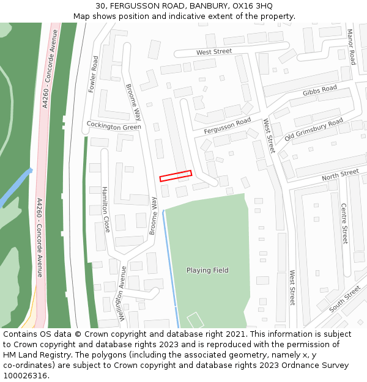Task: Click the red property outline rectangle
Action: point(176,175)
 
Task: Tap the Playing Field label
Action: point(207,270)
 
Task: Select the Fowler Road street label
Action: point(94,74)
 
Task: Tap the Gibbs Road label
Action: point(319,92)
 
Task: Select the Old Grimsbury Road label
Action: point(314,129)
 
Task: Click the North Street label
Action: point(340,175)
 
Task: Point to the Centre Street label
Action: point(344,224)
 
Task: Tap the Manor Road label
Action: point(351,47)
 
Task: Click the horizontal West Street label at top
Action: point(214,52)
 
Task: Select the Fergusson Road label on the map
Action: point(228,125)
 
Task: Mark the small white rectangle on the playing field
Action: point(195,319)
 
